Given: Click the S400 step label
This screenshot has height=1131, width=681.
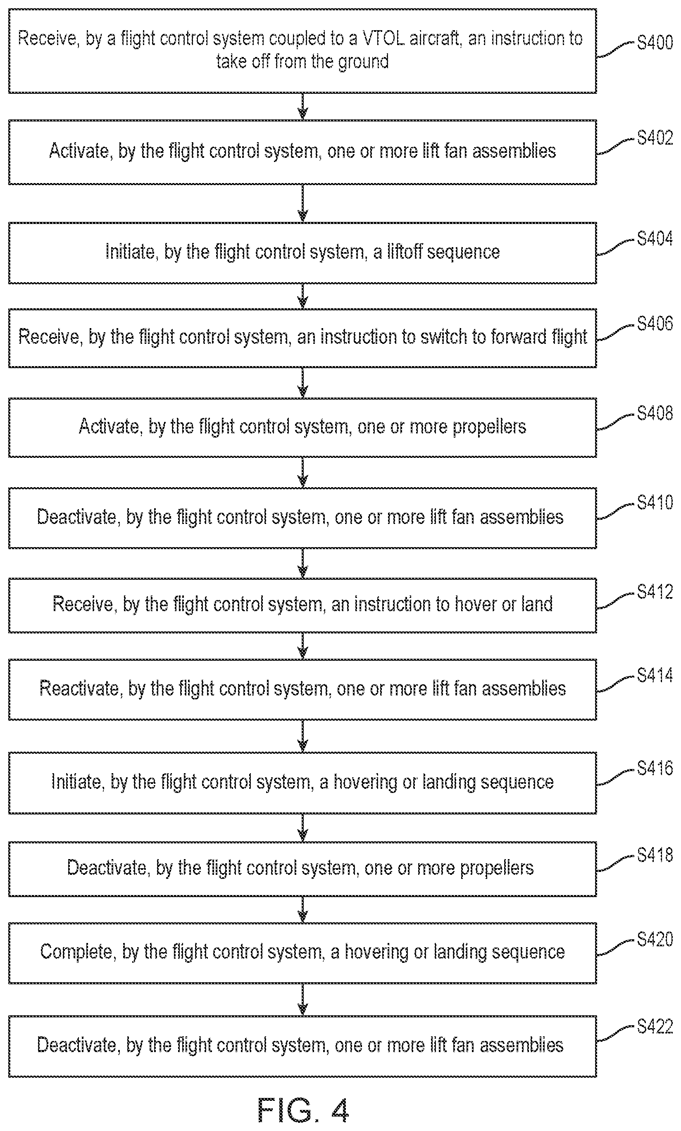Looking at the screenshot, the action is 655,43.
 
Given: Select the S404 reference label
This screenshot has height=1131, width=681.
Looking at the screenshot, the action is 655,238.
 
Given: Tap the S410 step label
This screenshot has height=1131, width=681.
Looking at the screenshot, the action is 655,502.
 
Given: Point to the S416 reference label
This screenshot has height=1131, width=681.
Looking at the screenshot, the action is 655,768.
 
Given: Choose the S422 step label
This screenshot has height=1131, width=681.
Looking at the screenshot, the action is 655,1026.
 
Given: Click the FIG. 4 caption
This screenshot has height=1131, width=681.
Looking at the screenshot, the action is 303,1110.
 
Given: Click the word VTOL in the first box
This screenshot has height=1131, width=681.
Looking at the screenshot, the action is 383,38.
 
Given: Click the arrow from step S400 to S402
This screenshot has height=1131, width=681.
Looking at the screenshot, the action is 302,107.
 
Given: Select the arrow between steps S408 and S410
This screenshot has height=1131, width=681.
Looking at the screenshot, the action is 302,472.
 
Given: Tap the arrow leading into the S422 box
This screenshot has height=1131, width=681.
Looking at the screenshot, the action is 302,1000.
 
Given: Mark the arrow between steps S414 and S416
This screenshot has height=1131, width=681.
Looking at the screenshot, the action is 302,736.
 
